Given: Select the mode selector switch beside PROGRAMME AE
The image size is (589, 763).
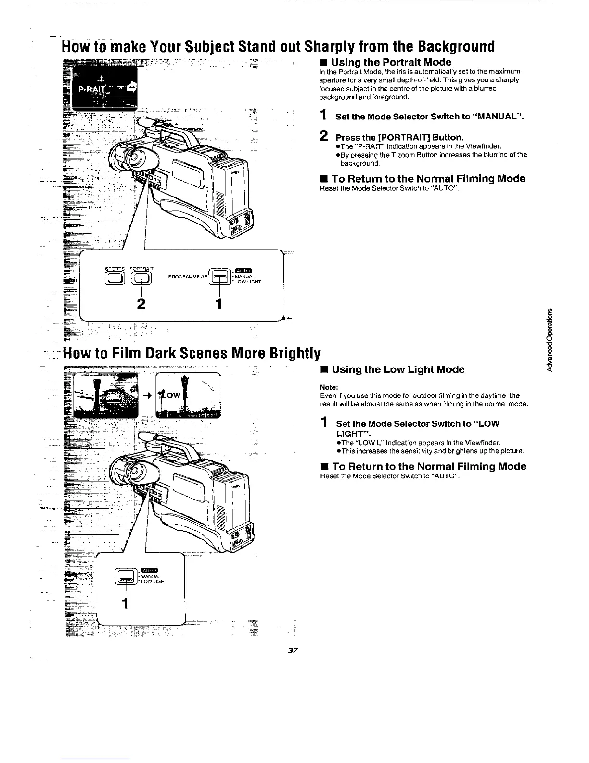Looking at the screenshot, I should tap(219, 277).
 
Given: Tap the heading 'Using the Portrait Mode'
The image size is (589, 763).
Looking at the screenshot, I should tap(391, 62).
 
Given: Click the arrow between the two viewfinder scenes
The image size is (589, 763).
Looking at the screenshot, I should tap(148, 395).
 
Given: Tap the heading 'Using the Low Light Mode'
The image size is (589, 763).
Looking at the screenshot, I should tap(398, 369).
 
